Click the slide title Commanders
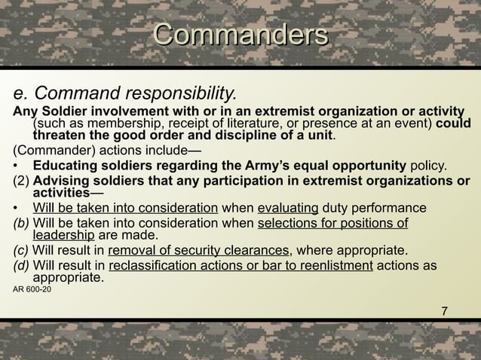(240, 35)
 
